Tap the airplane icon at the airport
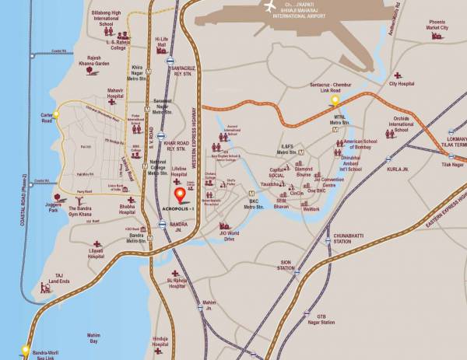pyautogui.click(x=271, y=7)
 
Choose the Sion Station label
pyautogui.click(x=286, y=265)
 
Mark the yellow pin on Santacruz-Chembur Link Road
pyautogui.click(x=335, y=100)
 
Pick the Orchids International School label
pyautogui.click(x=402, y=124)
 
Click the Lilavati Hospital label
pyautogui.click(x=97, y=254)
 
